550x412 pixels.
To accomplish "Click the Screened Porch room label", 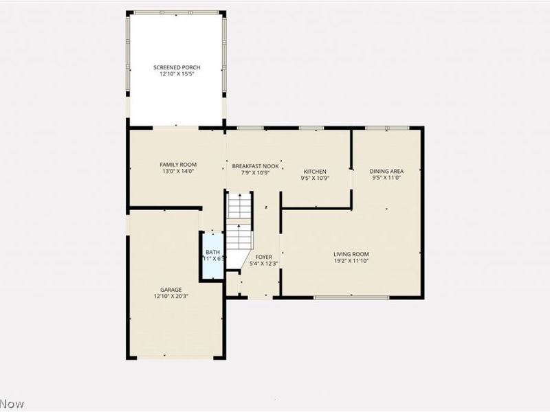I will [x=177, y=67].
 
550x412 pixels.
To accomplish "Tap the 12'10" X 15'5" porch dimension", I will [x=177, y=73].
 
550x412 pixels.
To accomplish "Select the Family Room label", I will [x=178, y=164].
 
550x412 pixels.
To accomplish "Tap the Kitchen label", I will [x=315, y=171].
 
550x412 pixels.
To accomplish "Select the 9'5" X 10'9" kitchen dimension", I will [x=315, y=178].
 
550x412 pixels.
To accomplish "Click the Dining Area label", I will [x=386, y=171].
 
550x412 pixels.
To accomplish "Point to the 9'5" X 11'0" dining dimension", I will [x=386, y=178].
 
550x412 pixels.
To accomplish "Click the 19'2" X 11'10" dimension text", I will [x=351, y=260].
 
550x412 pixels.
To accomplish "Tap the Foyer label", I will [x=264, y=257].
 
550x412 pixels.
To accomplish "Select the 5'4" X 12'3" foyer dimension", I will [x=264, y=263].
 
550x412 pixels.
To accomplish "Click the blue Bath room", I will [x=212, y=256].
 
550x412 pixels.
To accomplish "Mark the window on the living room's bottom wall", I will [x=351, y=297].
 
